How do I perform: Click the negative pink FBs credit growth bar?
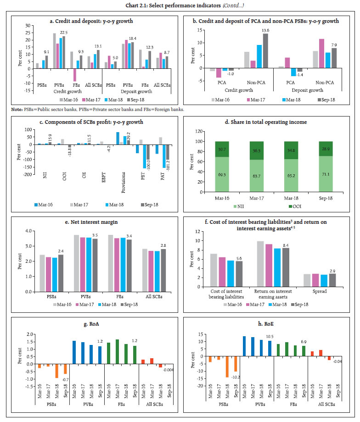[x=74, y=75]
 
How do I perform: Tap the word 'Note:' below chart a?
[x=18, y=109]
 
